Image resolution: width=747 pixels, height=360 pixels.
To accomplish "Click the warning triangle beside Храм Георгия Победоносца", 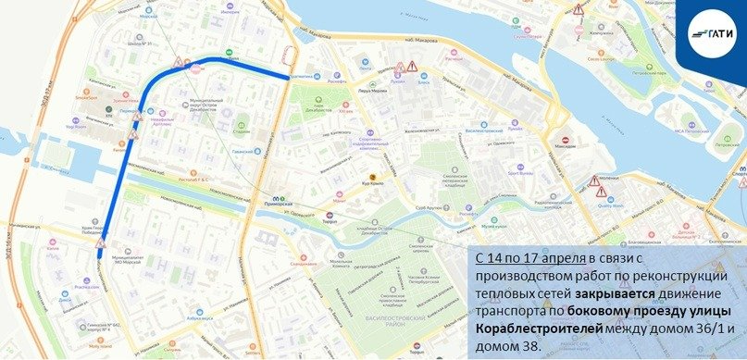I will pyautogui.click(x=103, y=243).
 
